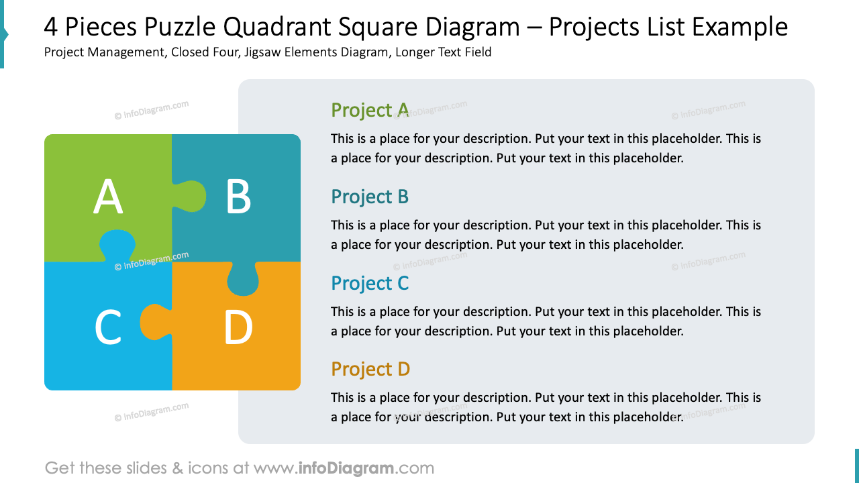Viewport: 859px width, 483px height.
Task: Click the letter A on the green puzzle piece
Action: [108, 198]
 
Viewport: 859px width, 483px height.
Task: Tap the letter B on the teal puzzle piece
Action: [238, 198]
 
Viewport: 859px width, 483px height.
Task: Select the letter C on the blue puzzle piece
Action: [107, 328]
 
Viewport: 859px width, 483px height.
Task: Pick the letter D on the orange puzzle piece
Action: [238, 328]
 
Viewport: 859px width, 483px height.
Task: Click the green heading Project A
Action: [370, 110]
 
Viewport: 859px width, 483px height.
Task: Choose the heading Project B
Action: [370, 197]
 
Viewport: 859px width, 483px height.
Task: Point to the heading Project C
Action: [370, 283]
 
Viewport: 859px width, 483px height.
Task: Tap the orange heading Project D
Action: [370, 369]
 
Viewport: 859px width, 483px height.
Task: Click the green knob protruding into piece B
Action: [192, 196]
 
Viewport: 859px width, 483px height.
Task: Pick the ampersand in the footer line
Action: [177, 468]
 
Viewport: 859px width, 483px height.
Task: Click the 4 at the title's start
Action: [51, 28]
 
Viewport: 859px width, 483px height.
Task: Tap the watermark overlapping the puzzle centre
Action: [152, 261]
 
